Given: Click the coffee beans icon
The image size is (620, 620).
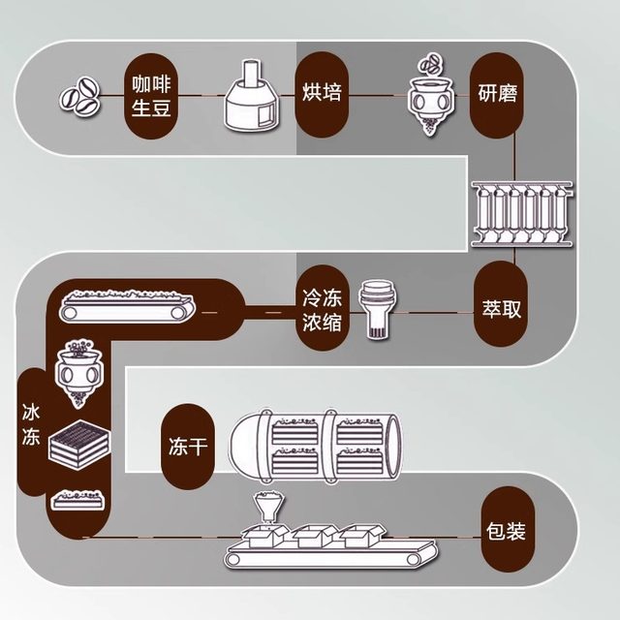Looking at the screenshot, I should (80, 97).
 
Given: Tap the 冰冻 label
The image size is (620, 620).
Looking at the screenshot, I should (32, 423).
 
